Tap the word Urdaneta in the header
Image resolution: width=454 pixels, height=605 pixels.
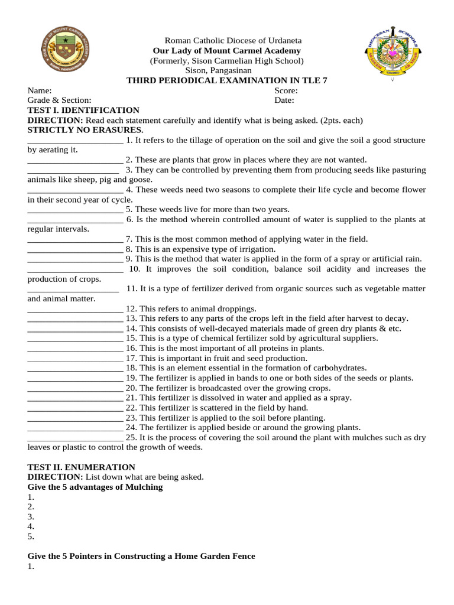pos(281,41)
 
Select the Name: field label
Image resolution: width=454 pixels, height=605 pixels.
pos(40,91)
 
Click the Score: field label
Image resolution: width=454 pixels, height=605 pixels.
pos(286,91)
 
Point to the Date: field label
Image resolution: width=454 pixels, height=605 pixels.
pos(284,100)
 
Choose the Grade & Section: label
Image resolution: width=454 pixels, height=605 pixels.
pos(60,100)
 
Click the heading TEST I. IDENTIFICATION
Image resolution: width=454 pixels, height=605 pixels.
pos(83,110)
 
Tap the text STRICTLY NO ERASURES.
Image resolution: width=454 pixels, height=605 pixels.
pos(86,130)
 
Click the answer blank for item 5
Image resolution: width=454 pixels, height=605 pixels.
pos(75,210)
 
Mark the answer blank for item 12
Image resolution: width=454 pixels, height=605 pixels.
pos(75,309)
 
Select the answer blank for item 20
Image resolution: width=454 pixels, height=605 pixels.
pos(75,389)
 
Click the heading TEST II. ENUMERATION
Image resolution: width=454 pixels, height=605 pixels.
pos(82,467)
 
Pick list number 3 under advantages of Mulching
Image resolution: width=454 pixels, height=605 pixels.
pos(31,517)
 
